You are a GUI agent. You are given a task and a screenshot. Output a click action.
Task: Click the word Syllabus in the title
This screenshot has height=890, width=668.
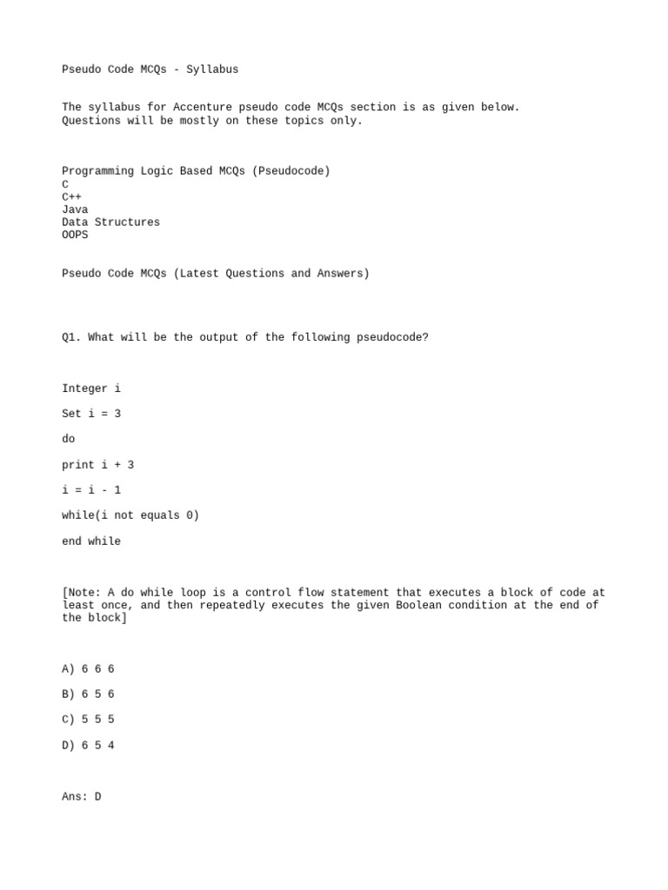point(211,70)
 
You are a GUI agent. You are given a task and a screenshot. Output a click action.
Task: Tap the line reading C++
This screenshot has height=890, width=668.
point(71,197)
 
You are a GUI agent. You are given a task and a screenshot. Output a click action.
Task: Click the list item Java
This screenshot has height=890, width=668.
point(75,209)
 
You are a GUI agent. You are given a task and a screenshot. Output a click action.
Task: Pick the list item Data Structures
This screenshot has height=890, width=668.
point(110,222)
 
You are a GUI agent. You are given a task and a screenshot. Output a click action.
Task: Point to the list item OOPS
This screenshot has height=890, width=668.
point(75,235)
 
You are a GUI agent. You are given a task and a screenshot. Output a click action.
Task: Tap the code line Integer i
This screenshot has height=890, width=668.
point(91,389)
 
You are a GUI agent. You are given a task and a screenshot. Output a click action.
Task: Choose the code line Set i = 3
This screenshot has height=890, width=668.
point(91,414)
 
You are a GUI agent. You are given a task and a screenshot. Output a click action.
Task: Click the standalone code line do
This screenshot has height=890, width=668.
point(69,440)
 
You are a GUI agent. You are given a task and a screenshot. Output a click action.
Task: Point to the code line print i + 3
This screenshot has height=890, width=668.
point(97,465)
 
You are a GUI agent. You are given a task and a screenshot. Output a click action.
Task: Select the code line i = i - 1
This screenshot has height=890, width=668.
point(91,490)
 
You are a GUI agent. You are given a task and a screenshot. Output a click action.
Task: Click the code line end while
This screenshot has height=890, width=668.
point(91,541)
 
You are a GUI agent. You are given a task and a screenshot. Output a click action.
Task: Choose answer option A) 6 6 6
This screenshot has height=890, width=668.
point(88,669)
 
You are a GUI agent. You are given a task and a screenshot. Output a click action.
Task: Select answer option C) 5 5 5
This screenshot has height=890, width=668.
point(88,720)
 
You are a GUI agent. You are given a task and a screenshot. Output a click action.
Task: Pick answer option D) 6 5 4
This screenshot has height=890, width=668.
point(88,746)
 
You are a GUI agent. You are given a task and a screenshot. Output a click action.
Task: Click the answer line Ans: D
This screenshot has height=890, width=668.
point(81,796)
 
